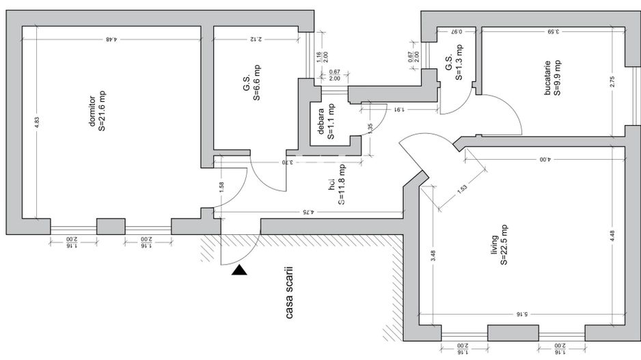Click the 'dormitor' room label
(x=91, y=108)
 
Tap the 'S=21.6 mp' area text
(x=103, y=109)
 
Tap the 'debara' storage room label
(x=319, y=122)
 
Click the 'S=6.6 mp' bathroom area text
(x=257, y=83)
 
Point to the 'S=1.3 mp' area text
(x=460, y=62)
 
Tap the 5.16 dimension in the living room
(x=521, y=314)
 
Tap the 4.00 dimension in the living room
(x=543, y=160)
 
